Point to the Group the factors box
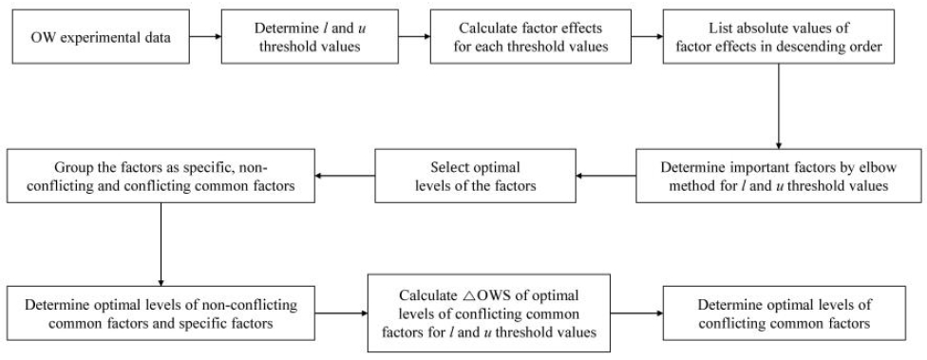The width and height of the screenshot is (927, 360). click(x=161, y=174)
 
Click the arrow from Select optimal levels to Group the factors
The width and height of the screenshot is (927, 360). click(x=346, y=174)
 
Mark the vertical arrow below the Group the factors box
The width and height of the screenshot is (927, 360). click(x=161, y=242)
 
